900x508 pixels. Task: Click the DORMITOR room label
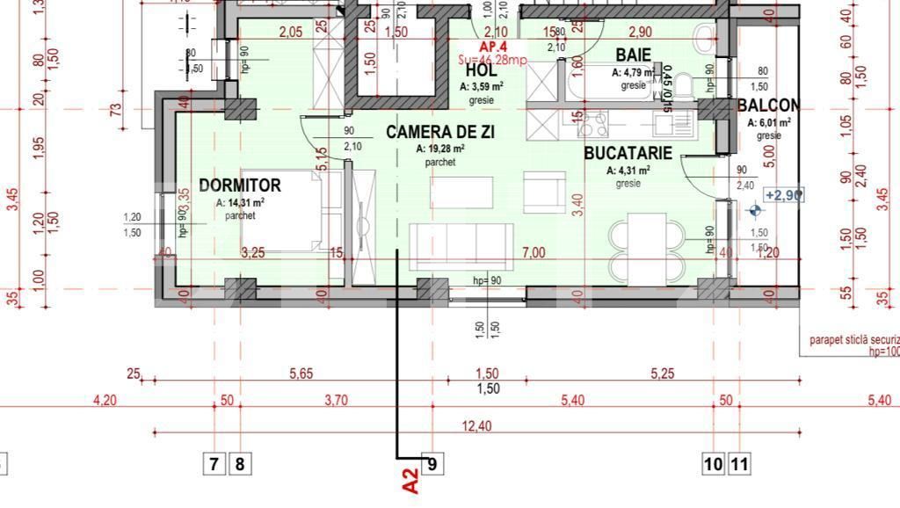(x=240, y=185)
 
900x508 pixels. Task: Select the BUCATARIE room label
(x=628, y=153)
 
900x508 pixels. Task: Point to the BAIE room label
(x=633, y=55)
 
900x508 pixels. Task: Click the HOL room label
(x=481, y=70)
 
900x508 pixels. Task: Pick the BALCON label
(x=768, y=106)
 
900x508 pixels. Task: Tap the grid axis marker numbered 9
(x=432, y=462)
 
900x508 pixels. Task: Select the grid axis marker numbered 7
(x=214, y=462)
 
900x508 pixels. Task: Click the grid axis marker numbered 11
(x=740, y=462)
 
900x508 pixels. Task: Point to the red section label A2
(x=410, y=481)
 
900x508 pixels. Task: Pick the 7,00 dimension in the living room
(x=533, y=252)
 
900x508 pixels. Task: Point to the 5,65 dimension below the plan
(x=301, y=374)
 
